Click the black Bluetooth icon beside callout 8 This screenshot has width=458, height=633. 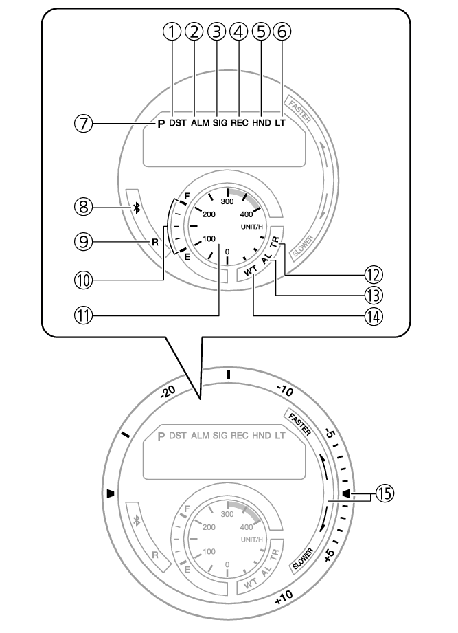pos(137,209)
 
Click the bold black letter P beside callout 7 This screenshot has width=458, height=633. pos(161,125)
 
